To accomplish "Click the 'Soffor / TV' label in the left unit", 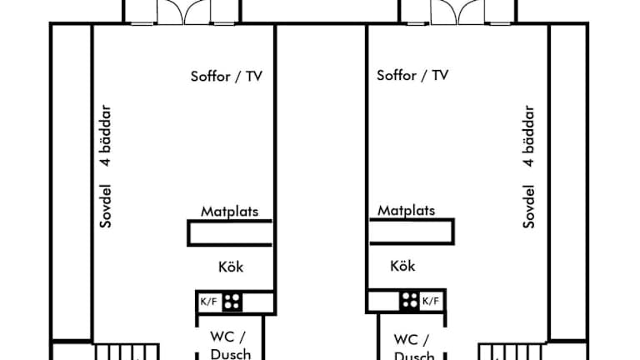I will pos(227,76).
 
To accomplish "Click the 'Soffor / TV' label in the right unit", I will pos(412,76).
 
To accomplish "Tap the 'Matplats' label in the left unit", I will pos(229,211).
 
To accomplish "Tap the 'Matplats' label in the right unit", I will pos(406,211).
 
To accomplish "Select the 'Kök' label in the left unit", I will pos(231,267).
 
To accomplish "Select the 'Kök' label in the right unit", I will pos(402,267).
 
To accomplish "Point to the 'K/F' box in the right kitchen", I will pos(431,301).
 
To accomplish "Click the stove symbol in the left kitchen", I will pos(232,302).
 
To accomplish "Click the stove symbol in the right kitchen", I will pos(409,301).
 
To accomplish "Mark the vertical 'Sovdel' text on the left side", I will pos(105,205).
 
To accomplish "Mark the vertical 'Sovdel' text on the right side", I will pos(528,205).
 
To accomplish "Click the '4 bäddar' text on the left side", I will pos(105,136).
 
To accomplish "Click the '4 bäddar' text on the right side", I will pos(528,136).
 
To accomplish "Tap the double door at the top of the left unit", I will pos(182,12).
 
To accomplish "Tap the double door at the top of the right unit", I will pos(457,12).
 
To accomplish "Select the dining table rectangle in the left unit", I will pos(230,232).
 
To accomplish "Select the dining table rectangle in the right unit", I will pos(412,232).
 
